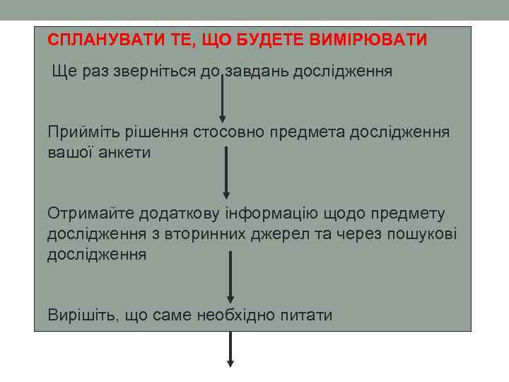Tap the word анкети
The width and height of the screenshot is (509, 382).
point(127,152)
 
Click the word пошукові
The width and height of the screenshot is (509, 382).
point(422,233)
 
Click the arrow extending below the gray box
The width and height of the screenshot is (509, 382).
point(230,350)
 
